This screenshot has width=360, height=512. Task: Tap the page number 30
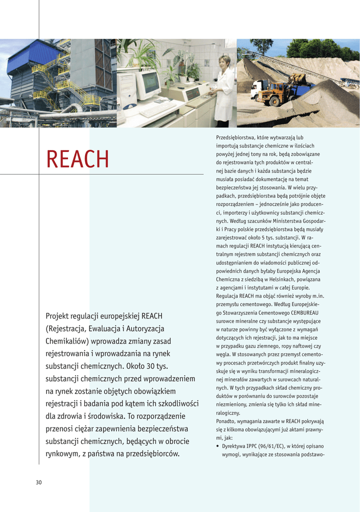tap(38, 482)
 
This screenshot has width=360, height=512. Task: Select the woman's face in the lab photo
tap(224, 62)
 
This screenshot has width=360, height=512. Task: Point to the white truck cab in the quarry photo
tap(258, 88)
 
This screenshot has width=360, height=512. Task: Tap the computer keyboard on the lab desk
tap(158, 109)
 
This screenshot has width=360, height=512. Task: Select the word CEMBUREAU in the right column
tap(306, 312)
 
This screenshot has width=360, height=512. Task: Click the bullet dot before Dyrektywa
tap(217, 446)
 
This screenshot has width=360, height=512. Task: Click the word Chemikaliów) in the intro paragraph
tap(66, 341)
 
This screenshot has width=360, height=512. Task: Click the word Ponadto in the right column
tap(227, 421)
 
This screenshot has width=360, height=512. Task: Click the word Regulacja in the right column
tap(228, 296)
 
